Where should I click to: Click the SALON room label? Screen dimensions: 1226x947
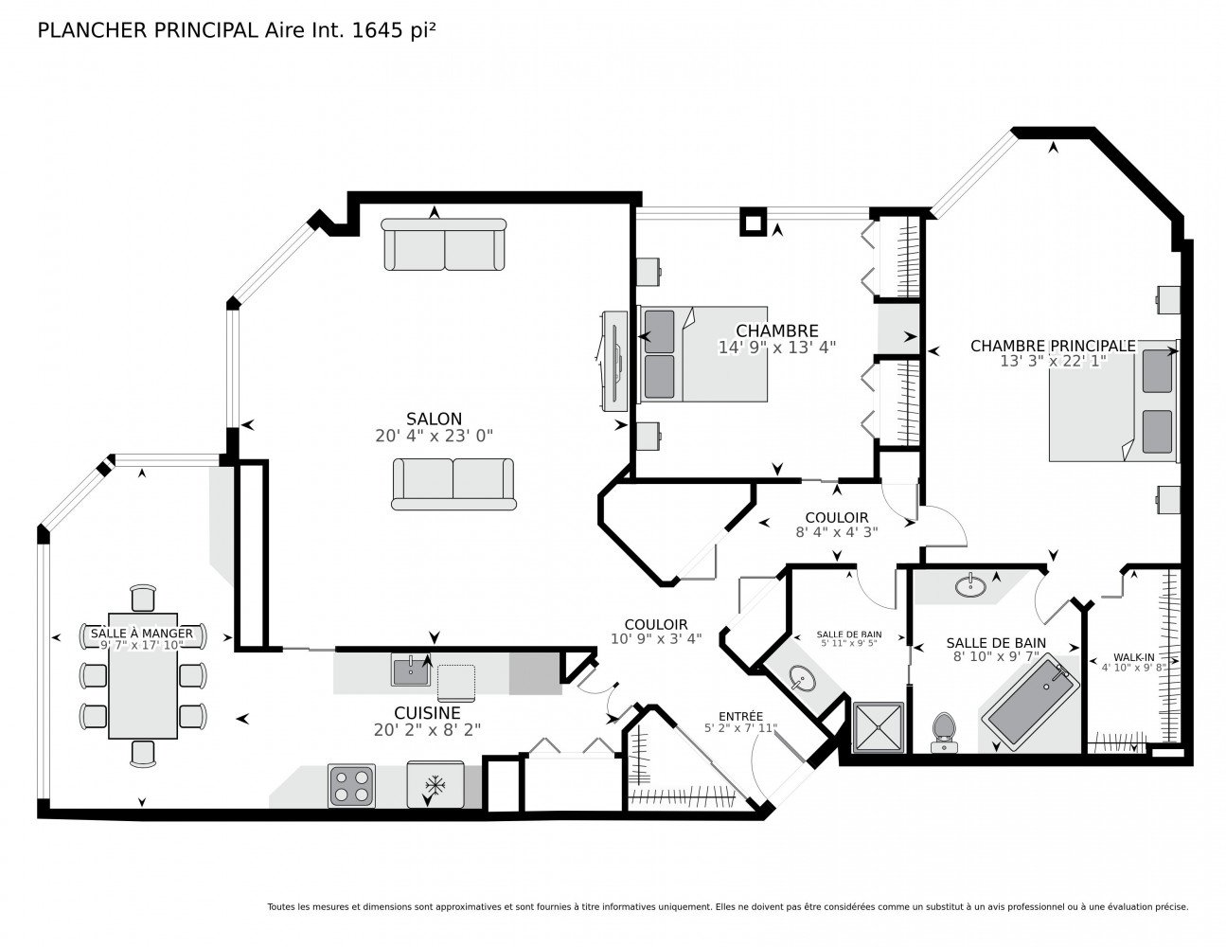pyautogui.click(x=434, y=419)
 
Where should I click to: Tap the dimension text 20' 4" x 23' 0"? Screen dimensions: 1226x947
pyautogui.click(x=434, y=436)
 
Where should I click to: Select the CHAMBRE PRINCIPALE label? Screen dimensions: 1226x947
pyautogui.click(x=1053, y=346)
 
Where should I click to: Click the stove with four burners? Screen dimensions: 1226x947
pyautogui.click(x=351, y=785)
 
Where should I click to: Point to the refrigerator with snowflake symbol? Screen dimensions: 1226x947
pyautogui.click(x=435, y=784)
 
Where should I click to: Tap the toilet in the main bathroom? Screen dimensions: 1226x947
pyautogui.click(x=943, y=733)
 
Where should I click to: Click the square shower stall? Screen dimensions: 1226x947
pyautogui.click(x=879, y=727)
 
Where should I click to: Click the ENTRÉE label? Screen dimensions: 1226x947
pyautogui.click(x=740, y=716)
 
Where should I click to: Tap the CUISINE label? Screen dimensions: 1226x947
pyautogui.click(x=427, y=713)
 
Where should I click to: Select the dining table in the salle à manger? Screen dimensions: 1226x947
pyautogui.click(x=143, y=675)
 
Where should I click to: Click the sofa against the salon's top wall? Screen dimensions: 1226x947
pyautogui.click(x=444, y=244)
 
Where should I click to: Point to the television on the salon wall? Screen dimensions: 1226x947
pyautogui.click(x=615, y=362)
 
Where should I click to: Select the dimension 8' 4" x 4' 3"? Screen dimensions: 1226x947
pyautogui.click(x=837, y=531)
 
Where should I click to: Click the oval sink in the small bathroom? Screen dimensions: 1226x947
pyautogui.click(x=802, y=677)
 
